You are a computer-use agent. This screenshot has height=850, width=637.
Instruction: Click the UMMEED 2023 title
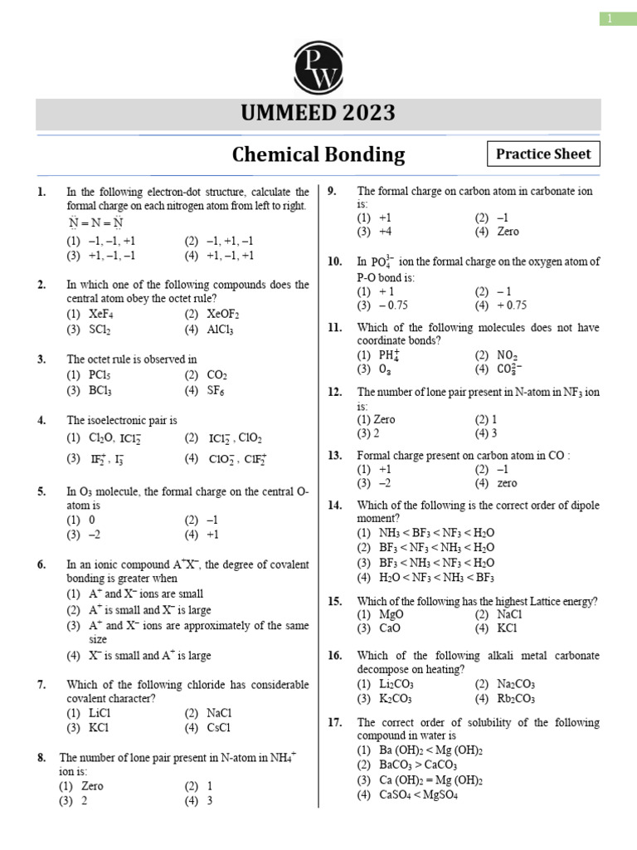pyautogui.click(x=318, y=112)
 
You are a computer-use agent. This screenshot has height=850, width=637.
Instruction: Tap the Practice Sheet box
pyautogui.click(x=543, y=154)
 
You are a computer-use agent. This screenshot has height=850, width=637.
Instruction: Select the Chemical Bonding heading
pyautogui.click(x=318, y=154)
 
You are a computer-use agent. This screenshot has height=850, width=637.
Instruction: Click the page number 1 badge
pyautogui.click(x=617, y=18)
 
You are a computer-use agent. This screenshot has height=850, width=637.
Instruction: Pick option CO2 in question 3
pyautogui.click(x=216, y=375)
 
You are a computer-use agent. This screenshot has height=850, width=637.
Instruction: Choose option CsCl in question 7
pyautogui.click(x=219, y=728)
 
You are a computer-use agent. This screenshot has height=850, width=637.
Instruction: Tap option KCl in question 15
pyautogui.click(x=507, y=629)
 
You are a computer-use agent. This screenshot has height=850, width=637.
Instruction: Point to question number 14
pyautogui.click(x=335, y=505)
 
